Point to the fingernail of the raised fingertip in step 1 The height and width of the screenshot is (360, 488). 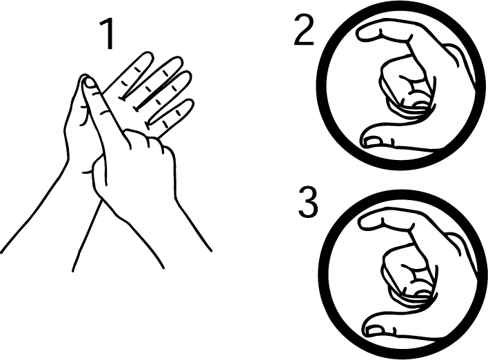pyautogui.click(x=88, y=84)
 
